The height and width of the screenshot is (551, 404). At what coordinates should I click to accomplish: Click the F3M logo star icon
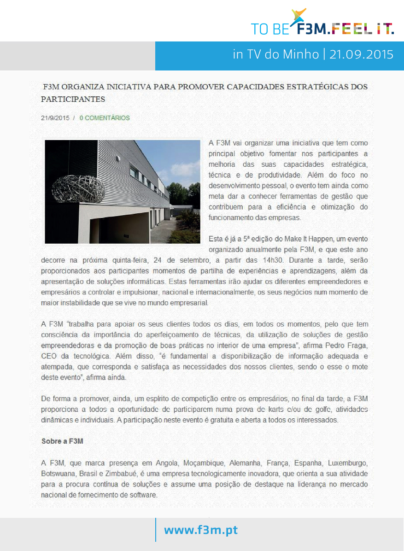[x=299, y=16]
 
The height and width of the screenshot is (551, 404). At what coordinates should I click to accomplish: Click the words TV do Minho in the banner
[x=282, y=54]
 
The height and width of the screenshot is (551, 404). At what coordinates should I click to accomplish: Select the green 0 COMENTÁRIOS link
[x=105, y=118]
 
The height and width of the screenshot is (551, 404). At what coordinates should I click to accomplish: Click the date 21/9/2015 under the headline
[x=55, y=118]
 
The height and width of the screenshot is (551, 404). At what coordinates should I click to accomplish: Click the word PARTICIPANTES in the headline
[x=73, y=99]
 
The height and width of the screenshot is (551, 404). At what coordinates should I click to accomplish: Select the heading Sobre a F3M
[x=62, y=441]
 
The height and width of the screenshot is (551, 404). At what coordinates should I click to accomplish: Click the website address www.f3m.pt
[x=201, y=530]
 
